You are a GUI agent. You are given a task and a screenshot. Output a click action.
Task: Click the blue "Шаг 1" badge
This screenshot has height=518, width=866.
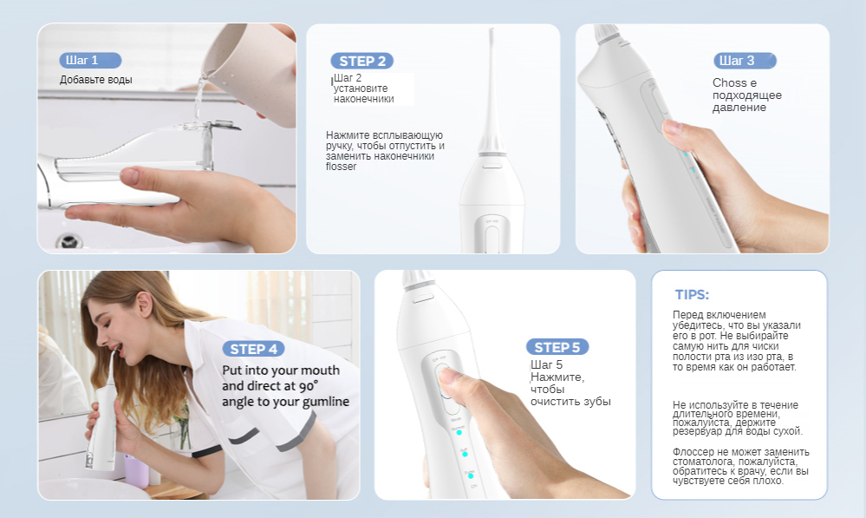[x=90, y=60]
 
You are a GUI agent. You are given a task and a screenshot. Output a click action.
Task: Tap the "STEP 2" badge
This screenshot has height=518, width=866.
[x=361, y=61]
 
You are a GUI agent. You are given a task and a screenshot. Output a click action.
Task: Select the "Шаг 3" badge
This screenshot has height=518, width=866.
[x=745, y=60]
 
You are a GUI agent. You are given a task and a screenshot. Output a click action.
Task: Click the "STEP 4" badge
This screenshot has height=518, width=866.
[x=253, y=349]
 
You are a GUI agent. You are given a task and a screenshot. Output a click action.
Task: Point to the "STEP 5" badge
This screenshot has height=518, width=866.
[x=557, y=347]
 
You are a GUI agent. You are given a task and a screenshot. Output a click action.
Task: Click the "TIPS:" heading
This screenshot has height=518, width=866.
[x=692, y=295]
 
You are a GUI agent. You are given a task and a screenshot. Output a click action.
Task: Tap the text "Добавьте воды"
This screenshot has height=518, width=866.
[x=96, y=80]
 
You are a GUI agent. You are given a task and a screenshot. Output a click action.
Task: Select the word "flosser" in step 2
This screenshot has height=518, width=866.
[x=342, y=167]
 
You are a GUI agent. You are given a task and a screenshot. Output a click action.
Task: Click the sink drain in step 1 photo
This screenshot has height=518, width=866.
[x=69, y=241]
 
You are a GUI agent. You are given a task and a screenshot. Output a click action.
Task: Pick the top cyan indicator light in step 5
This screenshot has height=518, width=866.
[x=459, y=432]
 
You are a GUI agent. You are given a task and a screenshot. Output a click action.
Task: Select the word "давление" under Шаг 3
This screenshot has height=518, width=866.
[x=739, y=108]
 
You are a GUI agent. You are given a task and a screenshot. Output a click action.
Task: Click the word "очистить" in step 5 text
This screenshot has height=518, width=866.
[x=553, y=402]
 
